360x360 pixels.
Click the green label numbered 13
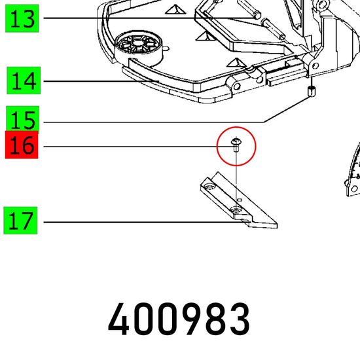click(x=22, y=18)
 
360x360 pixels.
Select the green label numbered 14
click(x=24, y=81)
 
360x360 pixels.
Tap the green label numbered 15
click(x=22, y=119)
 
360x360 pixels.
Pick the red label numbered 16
click(x=22, y=145)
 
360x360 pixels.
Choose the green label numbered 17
click(x=20, y=221)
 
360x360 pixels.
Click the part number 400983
click(x=179, y=319)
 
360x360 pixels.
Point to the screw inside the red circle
click(x=236, y=145)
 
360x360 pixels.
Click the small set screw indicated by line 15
click(x=312, y=91)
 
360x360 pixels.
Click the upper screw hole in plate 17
click(x=209, y=186)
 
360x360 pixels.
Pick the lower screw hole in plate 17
click(x=236, y=209)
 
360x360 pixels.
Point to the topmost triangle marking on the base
click(x=175, y=9)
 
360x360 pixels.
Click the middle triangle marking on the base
click(x=204, y=36)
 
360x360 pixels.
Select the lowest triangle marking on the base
click(x=236, y=62)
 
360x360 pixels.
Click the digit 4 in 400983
click(x=119, y=319)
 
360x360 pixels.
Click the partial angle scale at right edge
click(x=353, y=171)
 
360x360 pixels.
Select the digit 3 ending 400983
click(x=239, y=319)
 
